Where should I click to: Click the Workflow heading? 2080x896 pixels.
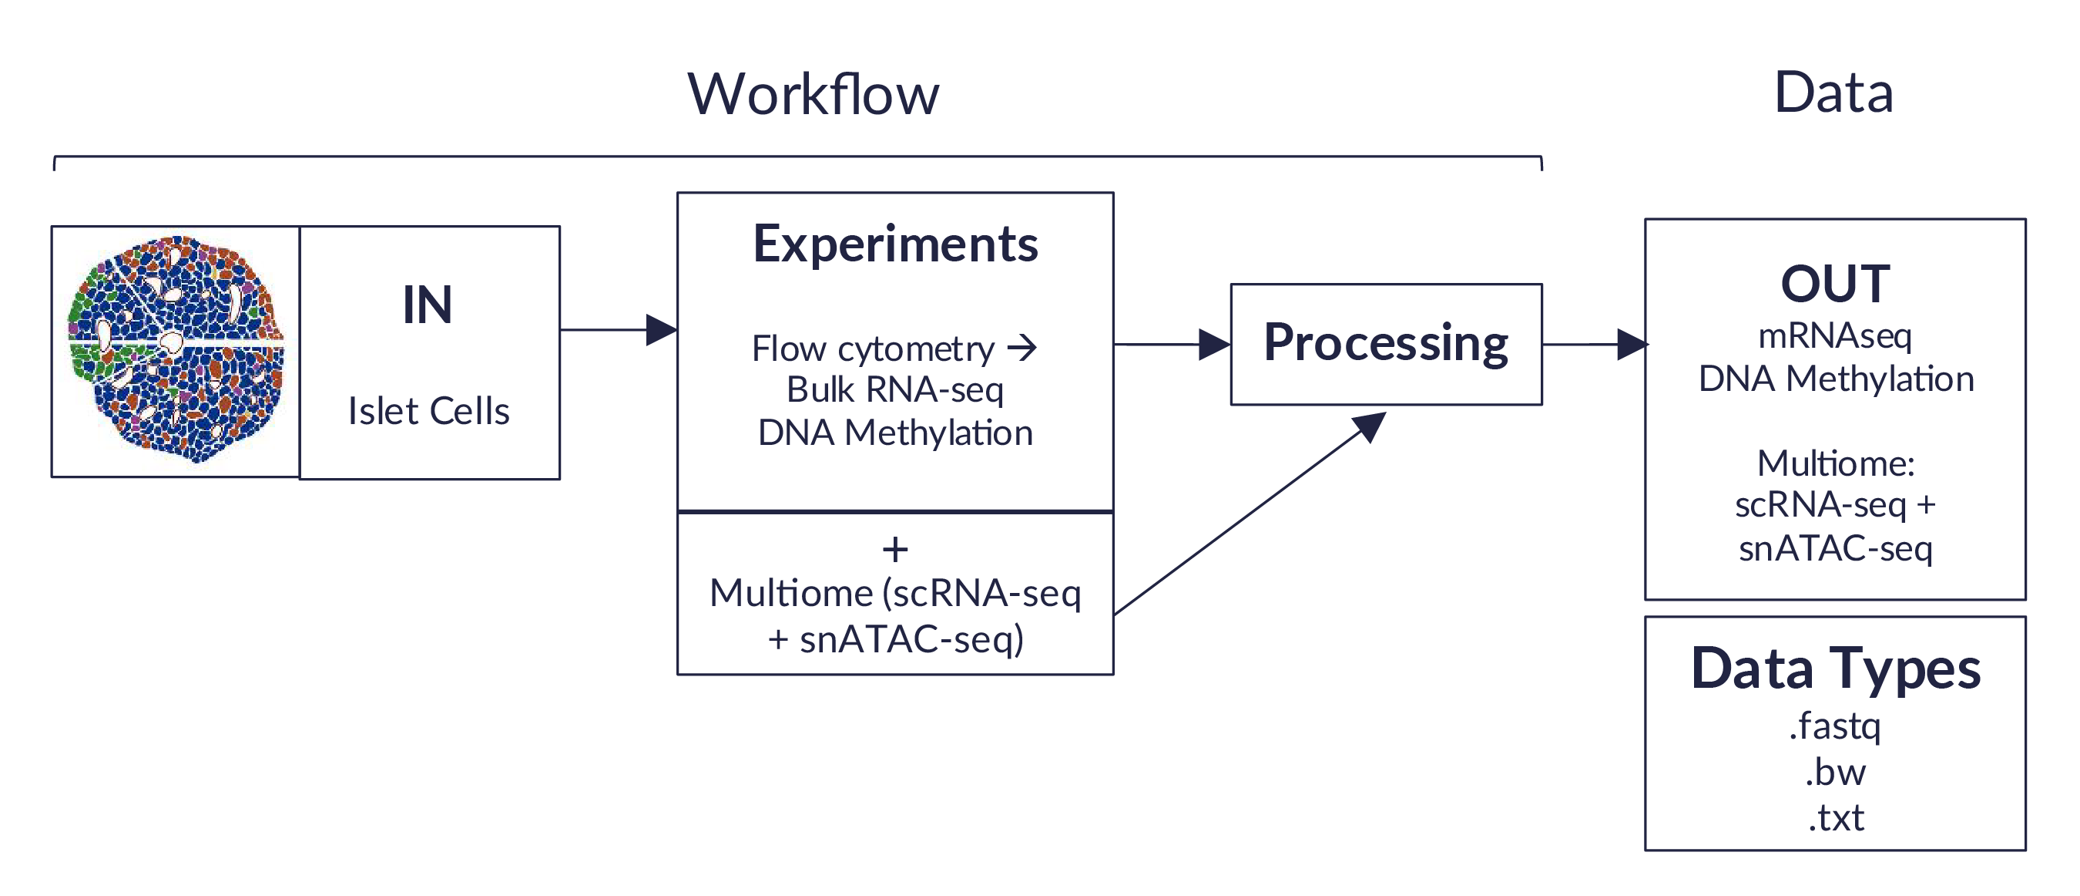pos(813,95)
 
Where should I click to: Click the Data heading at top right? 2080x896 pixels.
pos(1833,93)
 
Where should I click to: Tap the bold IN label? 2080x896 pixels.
pos(427,305)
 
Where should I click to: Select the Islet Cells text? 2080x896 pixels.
pos(429,411)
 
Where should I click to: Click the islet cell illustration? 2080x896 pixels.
pos(176,349)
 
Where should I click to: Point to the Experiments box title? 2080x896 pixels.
pos(894,244)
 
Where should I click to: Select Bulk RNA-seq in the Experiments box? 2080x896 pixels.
pos(894,390)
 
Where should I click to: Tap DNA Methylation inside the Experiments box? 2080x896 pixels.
pos(894,433)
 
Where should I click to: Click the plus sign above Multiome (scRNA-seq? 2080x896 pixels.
pos(894,551)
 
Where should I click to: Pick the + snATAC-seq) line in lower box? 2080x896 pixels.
pos(894,639)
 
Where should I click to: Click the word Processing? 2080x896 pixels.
pos(1386,343)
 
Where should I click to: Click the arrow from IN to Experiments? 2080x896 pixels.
pos(618,329)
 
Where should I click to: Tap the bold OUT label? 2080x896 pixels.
pos(1834,285)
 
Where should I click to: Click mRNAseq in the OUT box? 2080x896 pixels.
pos(1834,335)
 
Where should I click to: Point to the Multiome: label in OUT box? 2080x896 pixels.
pos(1834,463)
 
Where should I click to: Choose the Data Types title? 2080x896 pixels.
pos(1834,669)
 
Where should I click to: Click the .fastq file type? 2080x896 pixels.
pos(1834,726)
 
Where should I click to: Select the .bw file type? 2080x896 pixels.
pos(1834,773)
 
